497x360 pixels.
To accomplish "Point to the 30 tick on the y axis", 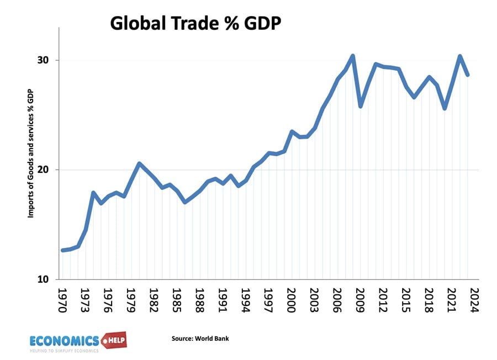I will (46, 60).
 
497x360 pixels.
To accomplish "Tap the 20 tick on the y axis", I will (46, 170).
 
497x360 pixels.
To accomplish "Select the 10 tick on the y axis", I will (46, 279).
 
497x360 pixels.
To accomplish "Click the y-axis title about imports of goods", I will (31, 160).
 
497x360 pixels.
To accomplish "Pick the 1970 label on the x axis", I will (62, 299).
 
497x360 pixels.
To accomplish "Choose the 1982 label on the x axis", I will (155, 299).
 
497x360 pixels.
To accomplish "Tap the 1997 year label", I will (269, 299).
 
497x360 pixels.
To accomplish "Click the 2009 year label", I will (360, 299).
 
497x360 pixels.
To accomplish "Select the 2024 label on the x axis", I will (474, 299).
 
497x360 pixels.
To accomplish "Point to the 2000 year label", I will (292, 299).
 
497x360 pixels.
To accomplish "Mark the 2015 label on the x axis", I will (406, 299).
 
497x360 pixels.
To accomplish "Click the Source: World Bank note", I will (200, 338).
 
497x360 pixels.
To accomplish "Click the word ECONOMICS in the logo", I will (64, 340).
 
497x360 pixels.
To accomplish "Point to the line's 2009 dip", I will (361, 106).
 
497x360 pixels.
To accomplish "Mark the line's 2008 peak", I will (353, 56).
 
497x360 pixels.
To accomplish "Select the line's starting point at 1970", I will (62, 250).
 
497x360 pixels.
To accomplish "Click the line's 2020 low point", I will (445, 108).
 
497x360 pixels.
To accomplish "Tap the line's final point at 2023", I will (468, 75).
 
